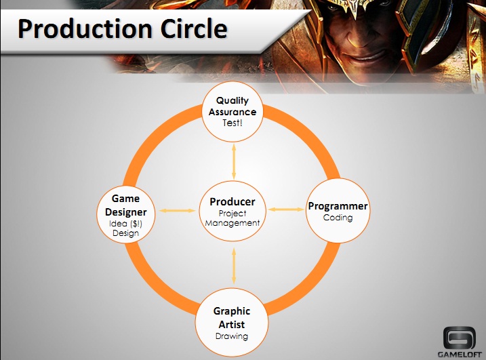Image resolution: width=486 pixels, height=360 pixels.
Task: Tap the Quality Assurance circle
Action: point(232,112)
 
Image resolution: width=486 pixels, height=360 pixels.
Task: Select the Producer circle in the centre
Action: point(232,211)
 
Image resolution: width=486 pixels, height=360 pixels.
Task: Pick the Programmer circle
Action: point(338,211)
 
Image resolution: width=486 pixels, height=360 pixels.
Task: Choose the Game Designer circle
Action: point(126,214)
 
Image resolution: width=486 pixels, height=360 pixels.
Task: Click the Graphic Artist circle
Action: point(232,323)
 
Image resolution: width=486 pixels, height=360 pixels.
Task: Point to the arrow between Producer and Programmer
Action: point(286,209)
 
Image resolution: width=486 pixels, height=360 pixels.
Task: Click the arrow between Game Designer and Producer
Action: point(178,211)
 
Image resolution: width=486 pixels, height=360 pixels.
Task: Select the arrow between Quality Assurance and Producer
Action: point(234,161)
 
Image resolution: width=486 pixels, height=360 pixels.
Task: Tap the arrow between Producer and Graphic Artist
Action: point(234,266)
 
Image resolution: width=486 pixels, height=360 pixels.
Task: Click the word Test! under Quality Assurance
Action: point(232,123)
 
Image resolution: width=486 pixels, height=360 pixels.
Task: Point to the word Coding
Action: point(338,218)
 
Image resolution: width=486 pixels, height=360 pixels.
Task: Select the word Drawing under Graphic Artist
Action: point(232,336)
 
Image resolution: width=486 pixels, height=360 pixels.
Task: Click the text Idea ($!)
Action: point(125,224)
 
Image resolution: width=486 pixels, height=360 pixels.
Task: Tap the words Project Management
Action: point(232,218)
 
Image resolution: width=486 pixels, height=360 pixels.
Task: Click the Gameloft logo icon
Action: point(459,338)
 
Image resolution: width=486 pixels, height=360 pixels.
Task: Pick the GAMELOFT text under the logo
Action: point(460,355)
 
